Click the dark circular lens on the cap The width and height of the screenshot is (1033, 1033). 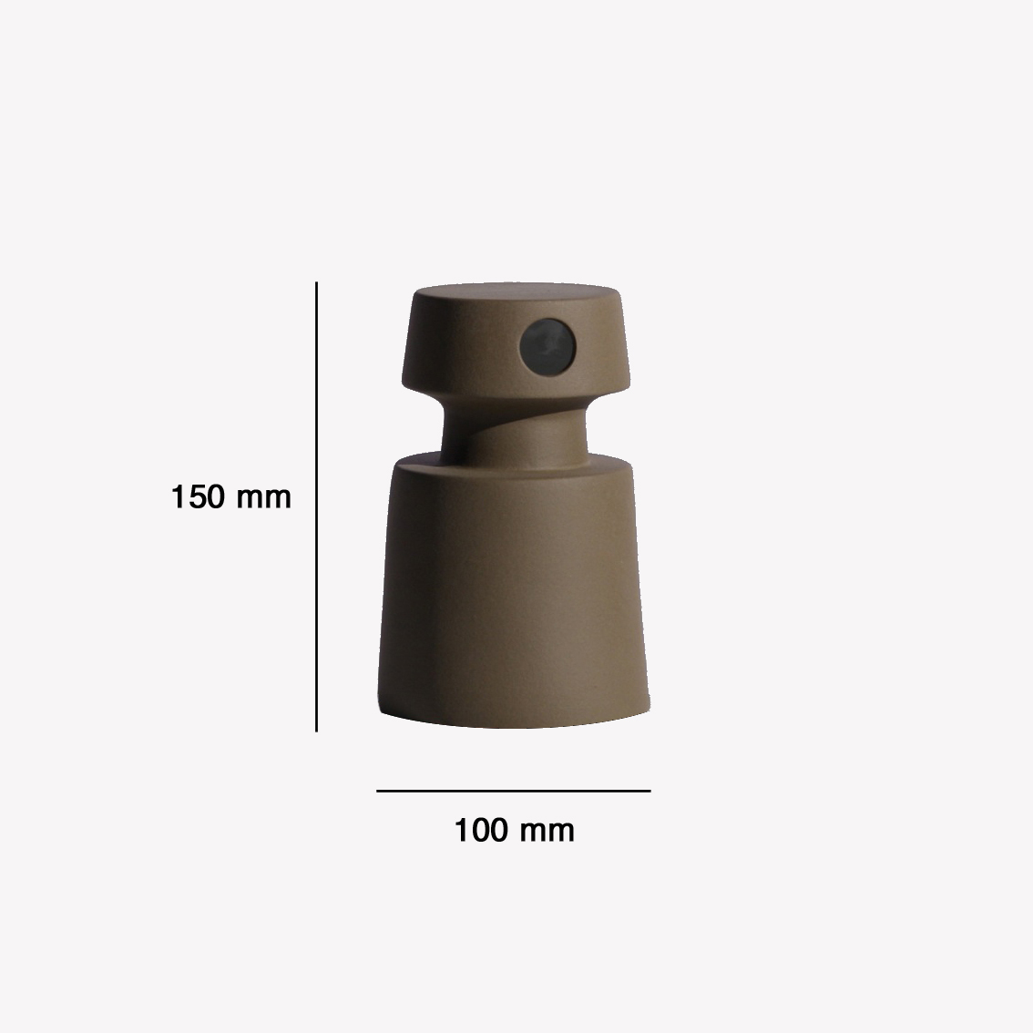pyautogui.click(x=547, y=346)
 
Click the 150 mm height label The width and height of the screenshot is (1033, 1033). pyautogui.click(x=230, y=496)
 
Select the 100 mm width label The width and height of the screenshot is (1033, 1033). pyautogui.click(x=514, y=830)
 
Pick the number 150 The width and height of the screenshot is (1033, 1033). pyautogui.click(x=197, y=496)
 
